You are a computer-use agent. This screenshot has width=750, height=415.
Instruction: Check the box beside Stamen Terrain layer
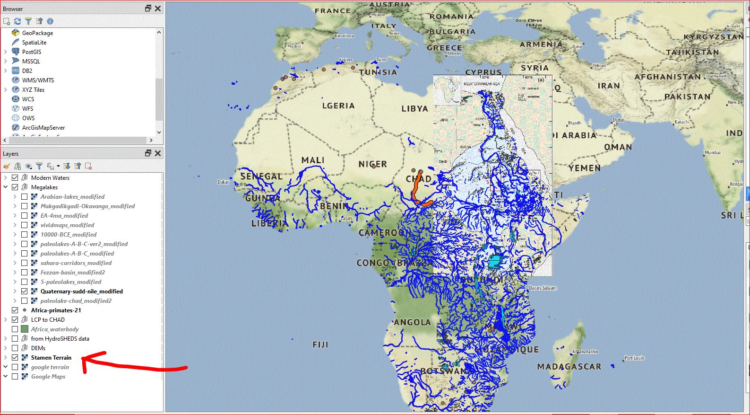[15, 358]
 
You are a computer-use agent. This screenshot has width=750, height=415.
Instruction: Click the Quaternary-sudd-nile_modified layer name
[81, 291]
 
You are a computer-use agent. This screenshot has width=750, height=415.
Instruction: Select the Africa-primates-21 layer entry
[56, 310]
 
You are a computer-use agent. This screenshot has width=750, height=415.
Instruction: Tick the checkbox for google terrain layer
[15, 367]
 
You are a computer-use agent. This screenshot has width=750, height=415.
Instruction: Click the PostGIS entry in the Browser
[31, 52]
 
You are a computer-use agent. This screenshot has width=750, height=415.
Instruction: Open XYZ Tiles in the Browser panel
[33, 90]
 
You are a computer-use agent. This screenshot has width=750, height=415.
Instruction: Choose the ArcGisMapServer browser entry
[43, 128]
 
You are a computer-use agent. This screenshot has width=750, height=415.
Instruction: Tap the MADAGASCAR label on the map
[569, 367]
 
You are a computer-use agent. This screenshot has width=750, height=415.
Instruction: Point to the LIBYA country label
[414, 109]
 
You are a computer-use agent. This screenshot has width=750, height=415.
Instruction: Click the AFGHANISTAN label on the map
[667, 77]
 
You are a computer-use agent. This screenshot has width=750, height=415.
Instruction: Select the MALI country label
[312, 160]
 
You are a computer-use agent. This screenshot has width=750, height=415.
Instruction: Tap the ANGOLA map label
[412, 322]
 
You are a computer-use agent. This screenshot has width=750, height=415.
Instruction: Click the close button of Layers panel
[158, 153]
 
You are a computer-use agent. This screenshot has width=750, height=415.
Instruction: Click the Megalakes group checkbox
[15, 187]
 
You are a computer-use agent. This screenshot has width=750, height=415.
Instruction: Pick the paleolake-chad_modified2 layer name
[76, 301]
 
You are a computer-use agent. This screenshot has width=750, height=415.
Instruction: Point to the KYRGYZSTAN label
[713, 37]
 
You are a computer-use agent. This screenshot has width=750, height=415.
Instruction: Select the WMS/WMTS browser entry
[38, 80]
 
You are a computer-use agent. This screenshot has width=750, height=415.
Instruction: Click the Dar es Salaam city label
[542, 288]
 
